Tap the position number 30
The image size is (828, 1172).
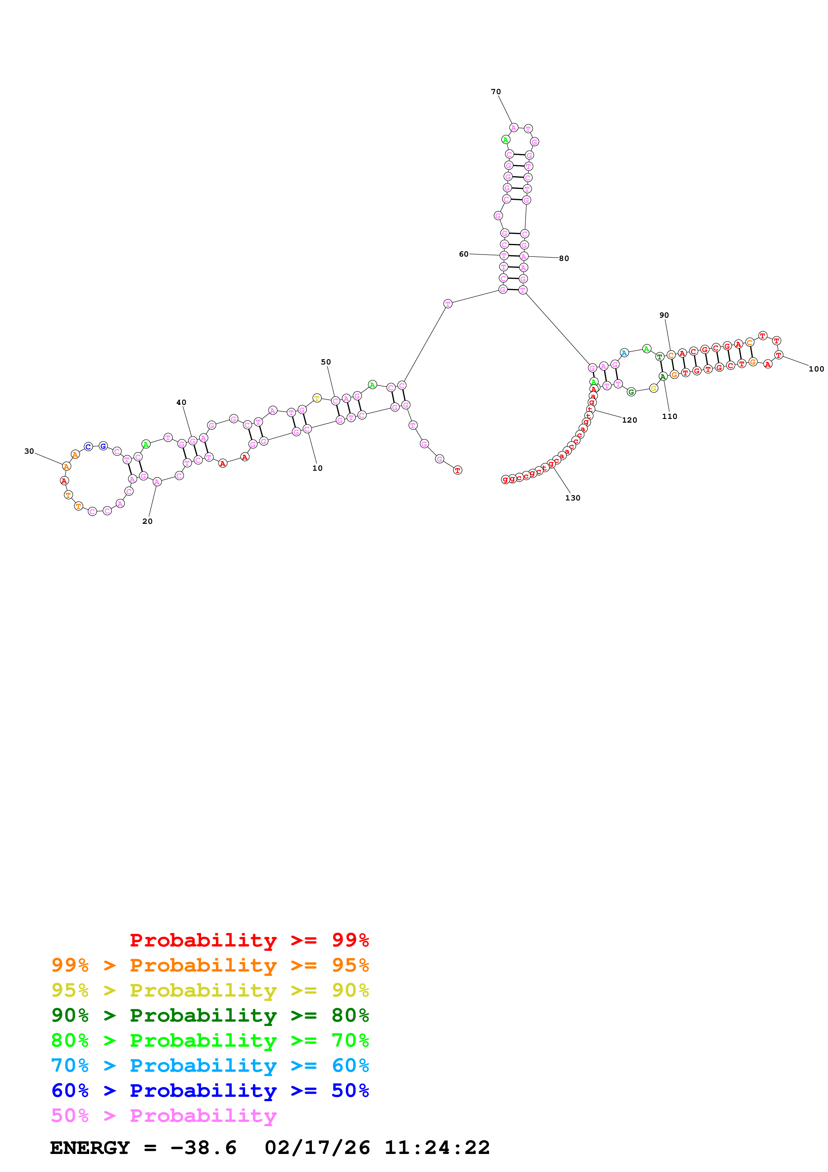[x=29, y=451]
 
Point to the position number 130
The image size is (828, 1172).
[x=572, y=498]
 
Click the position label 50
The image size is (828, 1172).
[x=325, y=362]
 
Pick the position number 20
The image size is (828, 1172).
[x=147, y=521]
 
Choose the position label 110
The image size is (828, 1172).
[x=669, y=417]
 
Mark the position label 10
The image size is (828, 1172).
[x=317, y=468]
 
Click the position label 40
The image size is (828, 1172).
[x=181, y=402]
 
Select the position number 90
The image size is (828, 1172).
[x=664, y=315]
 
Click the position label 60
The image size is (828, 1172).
[x=463, y=254]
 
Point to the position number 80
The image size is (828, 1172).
[x=564, y=258]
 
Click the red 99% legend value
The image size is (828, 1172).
[x=350, y=940]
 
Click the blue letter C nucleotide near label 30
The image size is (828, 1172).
[x=88, y=447]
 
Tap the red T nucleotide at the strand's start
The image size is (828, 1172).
[x=458, y=470]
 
